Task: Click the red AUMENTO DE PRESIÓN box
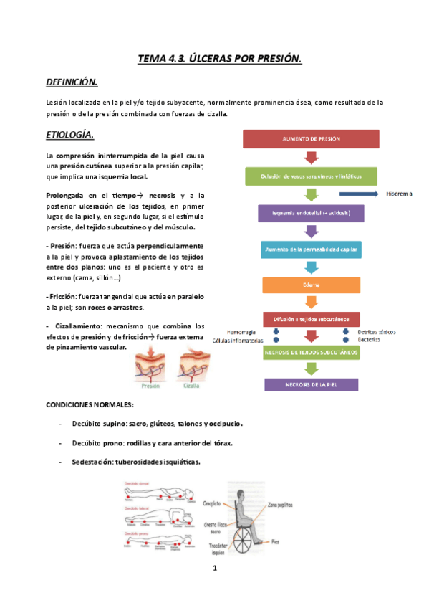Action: click(x=312, y=138)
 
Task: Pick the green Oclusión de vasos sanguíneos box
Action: click(x=311, y=176)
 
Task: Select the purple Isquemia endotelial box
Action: click(x=311, y=212)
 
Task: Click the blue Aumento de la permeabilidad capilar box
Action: click(x=311, y=249)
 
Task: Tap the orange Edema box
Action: click(x=311, y=285)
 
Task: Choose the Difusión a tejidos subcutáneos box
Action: click(x=311, y=318)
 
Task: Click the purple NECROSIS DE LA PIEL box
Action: click(x=311, y=384)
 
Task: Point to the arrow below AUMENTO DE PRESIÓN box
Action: click(x=312, y=157)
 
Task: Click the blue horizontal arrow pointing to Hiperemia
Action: click(x=358, y=194)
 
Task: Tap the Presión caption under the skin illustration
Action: click(x=150, y=384)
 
